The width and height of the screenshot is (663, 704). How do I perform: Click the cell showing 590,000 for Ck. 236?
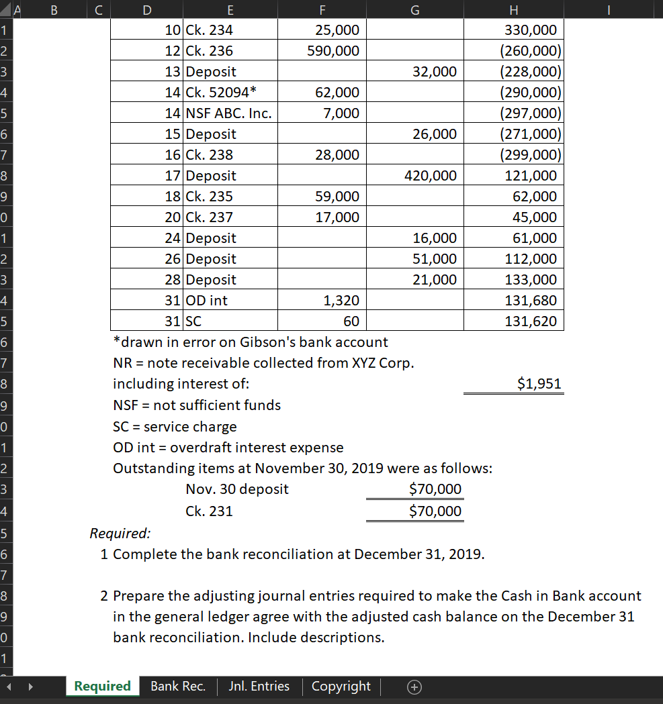pyautogui.click(x=333, y=51)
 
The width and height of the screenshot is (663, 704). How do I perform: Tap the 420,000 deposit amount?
pyautogui.click(x=431, y=176)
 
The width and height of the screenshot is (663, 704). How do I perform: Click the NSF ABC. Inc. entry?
pyautogui.click(x=228, y=113)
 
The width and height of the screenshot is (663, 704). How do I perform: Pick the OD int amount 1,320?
pyautogui.click(x=341, y=300)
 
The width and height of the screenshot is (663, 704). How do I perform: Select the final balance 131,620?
pyautogui.click(x=531, y=321)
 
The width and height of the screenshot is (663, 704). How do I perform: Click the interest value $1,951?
pyautogui.click(x=539, y=384)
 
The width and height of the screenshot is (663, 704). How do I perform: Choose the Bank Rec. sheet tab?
pyautogui.click(x=178, y=686)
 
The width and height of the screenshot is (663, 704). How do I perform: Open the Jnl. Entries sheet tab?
pyautogui.click(x=259, y=686)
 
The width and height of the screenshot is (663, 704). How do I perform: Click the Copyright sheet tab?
pyautogui.click(x=341, y=686)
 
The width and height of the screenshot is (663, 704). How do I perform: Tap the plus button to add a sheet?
pyautogui.click(x=414, y=687)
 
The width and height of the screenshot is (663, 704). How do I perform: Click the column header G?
pyautogui.click(x=414, y=9)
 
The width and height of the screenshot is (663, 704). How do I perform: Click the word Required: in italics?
pyautogui.click(x=120, y=534)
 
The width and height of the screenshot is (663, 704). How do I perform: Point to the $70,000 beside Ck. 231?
pyautogui.click(x=435, y=511)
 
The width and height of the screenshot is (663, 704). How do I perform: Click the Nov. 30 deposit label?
pyautogui.click(x=237, y=489)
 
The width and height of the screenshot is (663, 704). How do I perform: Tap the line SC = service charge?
pyautogui.click(x=175, y=427)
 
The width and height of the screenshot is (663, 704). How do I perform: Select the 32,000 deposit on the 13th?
pyautogui.click(x=435, y=72)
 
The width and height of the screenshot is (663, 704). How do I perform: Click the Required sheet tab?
pyautogui.click(x=102, y=686)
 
